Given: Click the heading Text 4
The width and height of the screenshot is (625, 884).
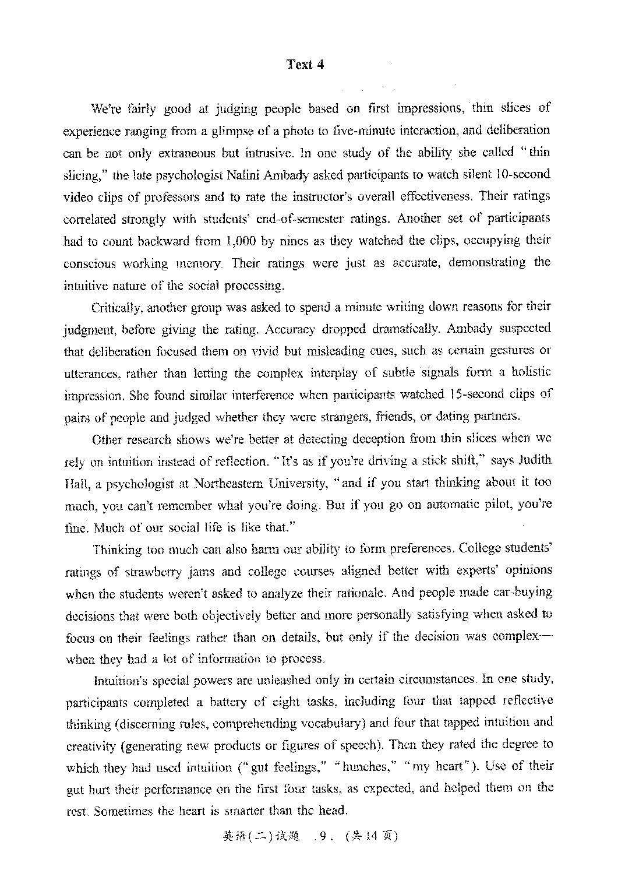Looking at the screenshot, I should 305,65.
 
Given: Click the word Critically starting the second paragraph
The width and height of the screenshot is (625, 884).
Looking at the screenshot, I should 115,307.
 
